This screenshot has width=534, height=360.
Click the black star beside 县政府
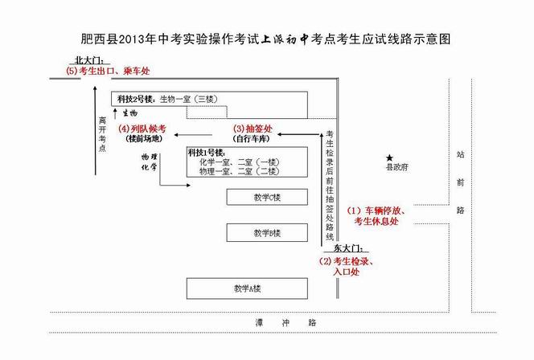(x=389, y=158)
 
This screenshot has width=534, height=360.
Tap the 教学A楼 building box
(x=247, y=288)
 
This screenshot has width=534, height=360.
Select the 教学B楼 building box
(x=267, y=233)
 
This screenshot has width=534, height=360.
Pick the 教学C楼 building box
(x=267, y=198)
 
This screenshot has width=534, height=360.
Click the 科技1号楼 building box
(x=247, y=162)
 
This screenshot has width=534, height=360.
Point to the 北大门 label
(x=89, y=60)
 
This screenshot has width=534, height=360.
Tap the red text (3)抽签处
(x=253, y=129)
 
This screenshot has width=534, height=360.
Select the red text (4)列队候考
(x=142, y=129)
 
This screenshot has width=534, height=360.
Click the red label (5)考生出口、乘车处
(x=108, y=71)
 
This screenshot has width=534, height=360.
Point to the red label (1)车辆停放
(x=376, y=211)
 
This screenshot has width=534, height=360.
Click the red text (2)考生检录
(x=347, y=261)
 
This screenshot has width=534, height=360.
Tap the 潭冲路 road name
(x=286, y=322)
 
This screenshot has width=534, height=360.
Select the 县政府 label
(x=396, y=167)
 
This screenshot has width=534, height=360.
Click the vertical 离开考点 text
(x=102, y=134)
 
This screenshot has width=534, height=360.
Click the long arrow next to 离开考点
(x=96, y=131)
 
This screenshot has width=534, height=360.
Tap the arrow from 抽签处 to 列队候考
(x=193, y=135)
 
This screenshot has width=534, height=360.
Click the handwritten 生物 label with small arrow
(x=125, y=113)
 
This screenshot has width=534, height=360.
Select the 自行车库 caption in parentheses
(x=252, y=139)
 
